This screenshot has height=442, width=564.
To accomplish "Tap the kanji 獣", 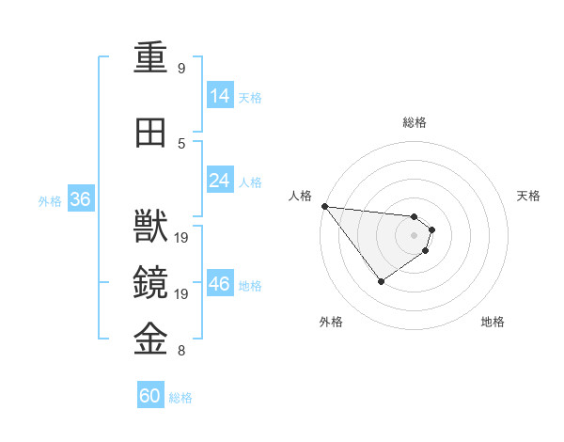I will click(x=150, y=227).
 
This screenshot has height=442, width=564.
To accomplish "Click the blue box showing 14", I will click(x=220, y=96).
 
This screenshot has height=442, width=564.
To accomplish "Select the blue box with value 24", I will click(x=220, y=181).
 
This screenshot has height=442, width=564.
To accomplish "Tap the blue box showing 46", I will click(x=220, y=284).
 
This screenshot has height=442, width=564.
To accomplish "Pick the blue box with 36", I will click(x=80, y=199).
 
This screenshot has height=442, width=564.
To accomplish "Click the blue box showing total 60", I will click(x=150, y=396).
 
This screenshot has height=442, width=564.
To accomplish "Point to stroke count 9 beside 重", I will click(x=180, y=69).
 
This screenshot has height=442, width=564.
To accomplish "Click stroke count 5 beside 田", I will click(x=180, y=144).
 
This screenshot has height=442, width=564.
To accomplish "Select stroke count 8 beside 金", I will click(x=180, y=351).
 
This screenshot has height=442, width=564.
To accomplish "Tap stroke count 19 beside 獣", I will click(x=182, y=238).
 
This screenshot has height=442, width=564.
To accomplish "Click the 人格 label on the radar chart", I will click(x=300, y=196).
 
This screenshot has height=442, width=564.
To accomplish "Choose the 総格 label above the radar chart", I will click(x=415, y=122).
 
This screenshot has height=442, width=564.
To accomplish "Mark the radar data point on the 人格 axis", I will click(x=324, y=206).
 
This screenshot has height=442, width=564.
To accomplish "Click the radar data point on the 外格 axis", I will click(x=381, y=281).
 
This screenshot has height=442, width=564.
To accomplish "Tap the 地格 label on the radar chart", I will click(x=493, y=322).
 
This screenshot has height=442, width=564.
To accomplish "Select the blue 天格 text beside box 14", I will click(x=250, y=97).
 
